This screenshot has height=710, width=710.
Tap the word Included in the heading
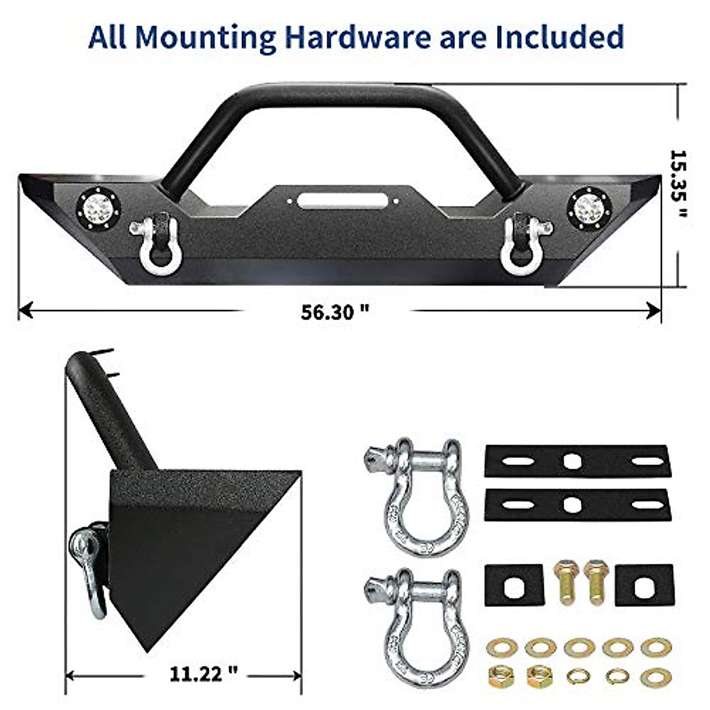pos(560,37)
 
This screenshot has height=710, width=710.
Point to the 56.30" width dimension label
pos(335,312)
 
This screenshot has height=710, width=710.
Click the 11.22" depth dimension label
pos(204,673)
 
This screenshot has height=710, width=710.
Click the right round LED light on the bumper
pos(589,208)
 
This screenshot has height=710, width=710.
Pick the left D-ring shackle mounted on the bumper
pos(157,242)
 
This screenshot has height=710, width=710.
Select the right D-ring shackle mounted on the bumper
pos(523,242)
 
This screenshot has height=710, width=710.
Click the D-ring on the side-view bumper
pos(89,565)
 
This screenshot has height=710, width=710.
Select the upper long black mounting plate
pos(577,461)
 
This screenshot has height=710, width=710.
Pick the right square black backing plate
pos(644,585)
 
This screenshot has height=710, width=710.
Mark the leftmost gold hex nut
pos(501,674)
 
